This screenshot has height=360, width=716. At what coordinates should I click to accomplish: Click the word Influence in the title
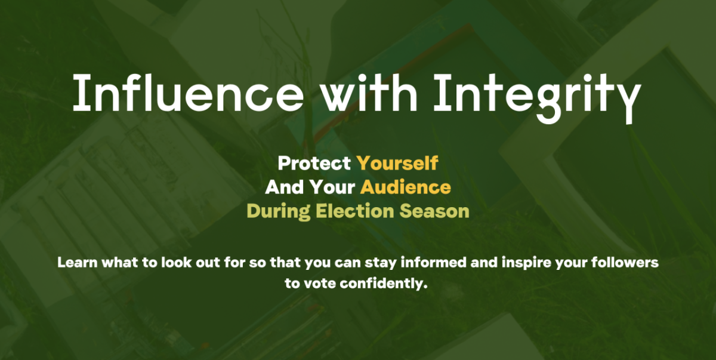[189, 93]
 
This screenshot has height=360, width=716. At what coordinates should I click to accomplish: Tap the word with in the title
[369, 93]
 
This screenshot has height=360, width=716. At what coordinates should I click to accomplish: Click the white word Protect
[314, 163]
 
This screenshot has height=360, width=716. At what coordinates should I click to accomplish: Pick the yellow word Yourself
[397, 163]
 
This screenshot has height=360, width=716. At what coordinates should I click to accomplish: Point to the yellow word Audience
[405, 187]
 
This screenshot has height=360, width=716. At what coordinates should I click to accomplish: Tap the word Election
[354, 211]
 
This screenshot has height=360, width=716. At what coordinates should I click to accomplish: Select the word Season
[434, 211]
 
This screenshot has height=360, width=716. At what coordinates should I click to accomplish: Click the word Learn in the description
[78, 263]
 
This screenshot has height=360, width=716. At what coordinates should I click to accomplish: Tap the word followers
[625, 263]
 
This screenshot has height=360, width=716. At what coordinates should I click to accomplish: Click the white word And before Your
[285, 187]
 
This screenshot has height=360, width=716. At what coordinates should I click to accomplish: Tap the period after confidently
[425, 287]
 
